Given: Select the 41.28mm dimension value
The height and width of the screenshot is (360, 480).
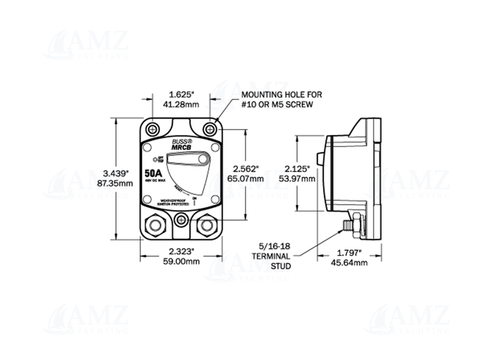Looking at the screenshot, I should (182, 104).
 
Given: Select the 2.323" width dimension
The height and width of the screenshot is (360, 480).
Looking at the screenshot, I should (181, 252).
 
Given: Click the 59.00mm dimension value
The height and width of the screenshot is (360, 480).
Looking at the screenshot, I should (181, 262).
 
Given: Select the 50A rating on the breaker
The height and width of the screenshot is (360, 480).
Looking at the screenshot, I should (155, 174).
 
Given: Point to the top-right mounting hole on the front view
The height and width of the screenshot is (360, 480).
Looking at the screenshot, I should (209, 129).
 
